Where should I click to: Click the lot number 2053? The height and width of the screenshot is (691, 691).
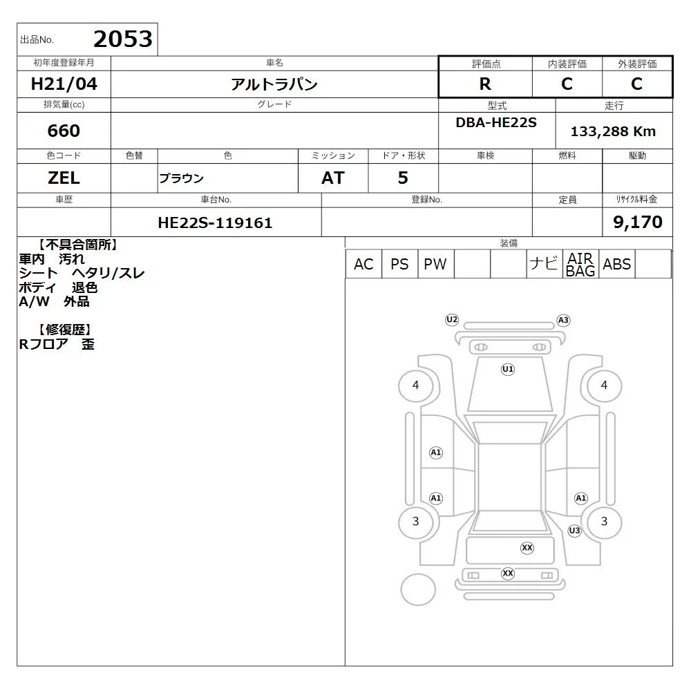point(123,39)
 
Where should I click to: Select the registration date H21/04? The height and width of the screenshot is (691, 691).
point(64,84)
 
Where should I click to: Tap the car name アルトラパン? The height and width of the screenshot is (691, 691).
point(274,84)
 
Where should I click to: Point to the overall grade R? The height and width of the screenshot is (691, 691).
point(485,84)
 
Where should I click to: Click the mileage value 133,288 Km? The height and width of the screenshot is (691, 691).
point(613,131)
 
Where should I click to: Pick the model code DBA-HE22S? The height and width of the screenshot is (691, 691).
point(496,122)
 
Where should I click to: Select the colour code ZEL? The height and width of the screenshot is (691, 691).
point(64,178)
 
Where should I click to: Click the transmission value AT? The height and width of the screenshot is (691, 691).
point(333,178)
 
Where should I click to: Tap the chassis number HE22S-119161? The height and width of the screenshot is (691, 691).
point(215,223)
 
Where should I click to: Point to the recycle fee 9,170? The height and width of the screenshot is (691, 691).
point(638,222)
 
